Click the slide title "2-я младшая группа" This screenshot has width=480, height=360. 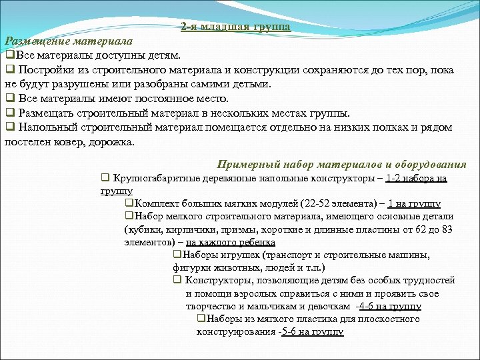[235, 27]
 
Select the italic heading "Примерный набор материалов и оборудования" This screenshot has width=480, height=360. [342, 165]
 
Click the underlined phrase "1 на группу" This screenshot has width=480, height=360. [413, 204]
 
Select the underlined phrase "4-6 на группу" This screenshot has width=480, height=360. [389, 307]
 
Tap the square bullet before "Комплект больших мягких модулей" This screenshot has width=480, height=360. [128, 203]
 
